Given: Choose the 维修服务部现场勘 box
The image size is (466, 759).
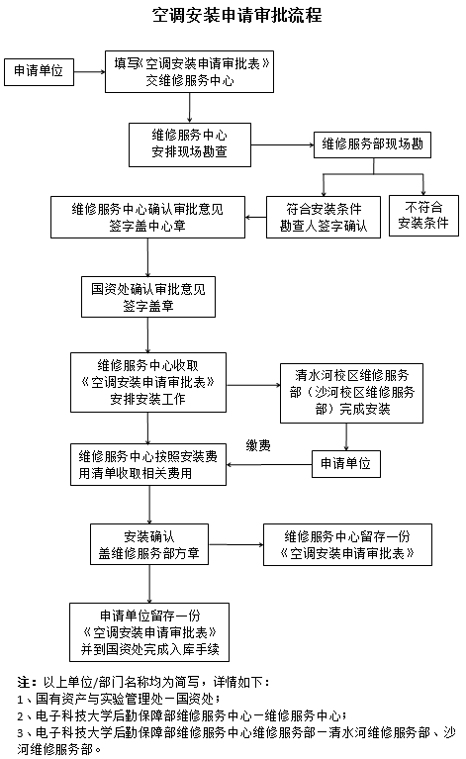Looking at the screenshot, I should pos(372,144).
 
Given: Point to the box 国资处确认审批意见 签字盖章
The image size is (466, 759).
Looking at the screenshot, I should pos(147,297).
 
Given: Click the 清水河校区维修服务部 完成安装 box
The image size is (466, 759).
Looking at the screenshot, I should pos(345,391).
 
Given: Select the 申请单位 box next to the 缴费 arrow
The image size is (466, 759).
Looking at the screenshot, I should pos(346,462).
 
